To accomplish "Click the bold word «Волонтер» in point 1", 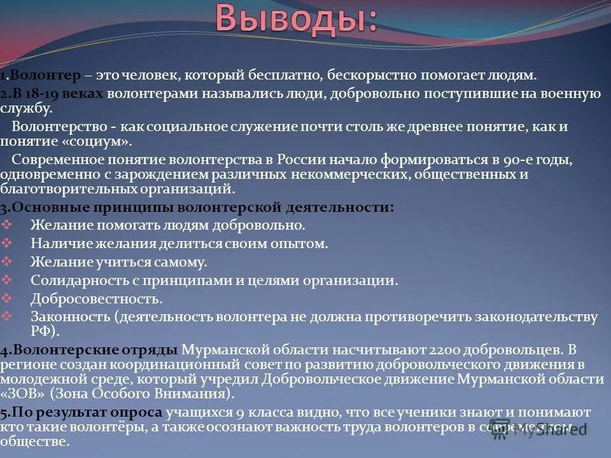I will pos(45,76).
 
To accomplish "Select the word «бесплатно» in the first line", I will pos(283,76).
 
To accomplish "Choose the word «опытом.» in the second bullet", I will pos(305,243).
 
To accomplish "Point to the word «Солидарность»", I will pos(71,280).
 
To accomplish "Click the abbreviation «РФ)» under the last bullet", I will pos(45,331).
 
